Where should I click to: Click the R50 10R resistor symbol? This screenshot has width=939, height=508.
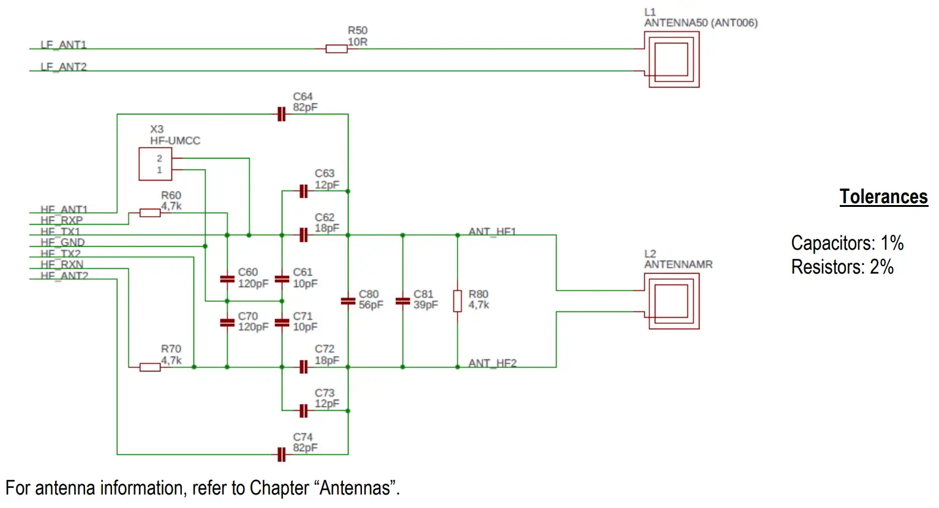pos(336,49)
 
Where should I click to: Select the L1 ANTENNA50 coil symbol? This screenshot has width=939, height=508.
pos(671,59)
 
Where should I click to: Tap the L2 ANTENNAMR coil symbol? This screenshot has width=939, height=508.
pos(671,301)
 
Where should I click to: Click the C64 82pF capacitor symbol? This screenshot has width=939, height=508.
pos(281,114)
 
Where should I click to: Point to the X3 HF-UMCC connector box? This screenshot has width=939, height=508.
pos(155,164)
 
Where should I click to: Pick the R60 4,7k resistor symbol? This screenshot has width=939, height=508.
pos(150,213)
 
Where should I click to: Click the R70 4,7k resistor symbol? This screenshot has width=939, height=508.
pos(150,367)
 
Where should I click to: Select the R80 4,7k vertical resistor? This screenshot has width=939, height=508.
pos(458,301)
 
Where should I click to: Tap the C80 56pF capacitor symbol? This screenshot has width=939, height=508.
pos(348,301)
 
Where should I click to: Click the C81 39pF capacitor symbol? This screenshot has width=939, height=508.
pos(402,301)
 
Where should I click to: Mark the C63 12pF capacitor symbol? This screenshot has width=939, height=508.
pos(303,192)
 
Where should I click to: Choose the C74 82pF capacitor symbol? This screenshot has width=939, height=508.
pos(281,455)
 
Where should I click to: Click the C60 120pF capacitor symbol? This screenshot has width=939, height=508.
pos(227,279)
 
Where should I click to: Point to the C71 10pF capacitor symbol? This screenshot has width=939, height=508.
pos(282,323)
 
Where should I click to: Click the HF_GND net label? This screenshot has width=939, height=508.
pos(62,242)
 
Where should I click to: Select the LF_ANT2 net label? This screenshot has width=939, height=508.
pos(63,67)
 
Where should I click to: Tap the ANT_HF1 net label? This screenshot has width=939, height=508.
pos(492,231)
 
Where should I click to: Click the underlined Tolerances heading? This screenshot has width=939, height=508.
pos(883,196)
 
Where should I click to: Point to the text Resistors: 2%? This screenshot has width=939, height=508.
pos(842,267)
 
